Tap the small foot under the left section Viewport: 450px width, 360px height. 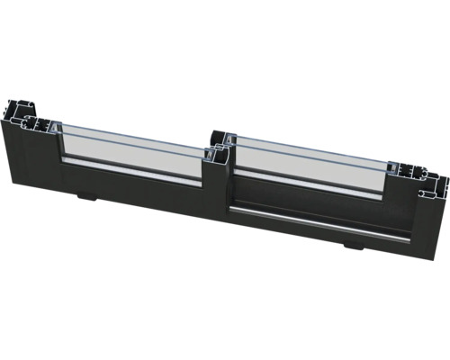coord(85,195)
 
